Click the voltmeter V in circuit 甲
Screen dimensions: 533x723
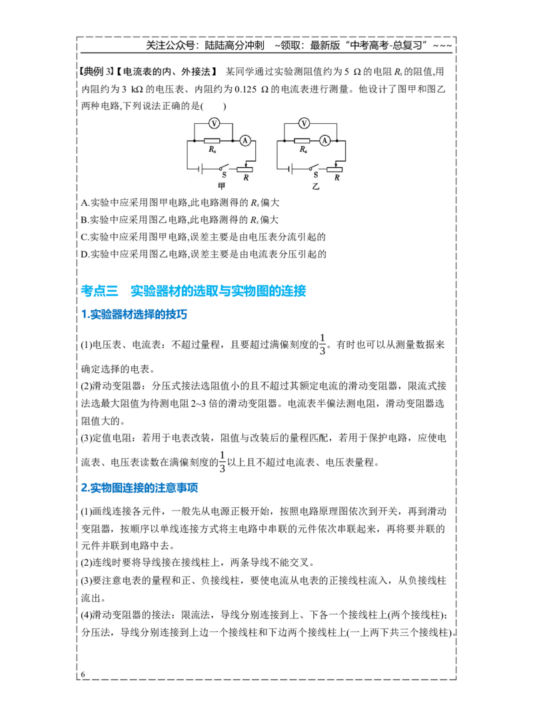(214, 123)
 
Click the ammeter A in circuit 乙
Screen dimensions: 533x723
(325, 140)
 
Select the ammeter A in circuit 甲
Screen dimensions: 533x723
(245, 140)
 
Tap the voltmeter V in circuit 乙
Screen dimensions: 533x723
(304, 123)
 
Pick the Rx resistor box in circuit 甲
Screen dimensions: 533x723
(212, 140)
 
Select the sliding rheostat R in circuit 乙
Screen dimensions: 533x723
(335, 169)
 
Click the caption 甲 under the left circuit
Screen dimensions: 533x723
(221, 186)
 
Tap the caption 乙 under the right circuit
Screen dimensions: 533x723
(316, 186)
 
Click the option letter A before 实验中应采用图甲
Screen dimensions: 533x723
(84, 203)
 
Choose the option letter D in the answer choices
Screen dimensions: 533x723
(84, 254)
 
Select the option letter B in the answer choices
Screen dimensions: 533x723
(83, 220)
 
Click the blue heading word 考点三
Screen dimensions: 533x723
(100, 290)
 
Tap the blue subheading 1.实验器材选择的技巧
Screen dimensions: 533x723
(134, 314)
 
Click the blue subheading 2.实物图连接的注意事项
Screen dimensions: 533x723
(139, 488)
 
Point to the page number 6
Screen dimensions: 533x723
(83, 674)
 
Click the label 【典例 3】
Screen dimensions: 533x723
(96, 71)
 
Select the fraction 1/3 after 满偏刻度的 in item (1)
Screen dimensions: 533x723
(322, 344)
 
